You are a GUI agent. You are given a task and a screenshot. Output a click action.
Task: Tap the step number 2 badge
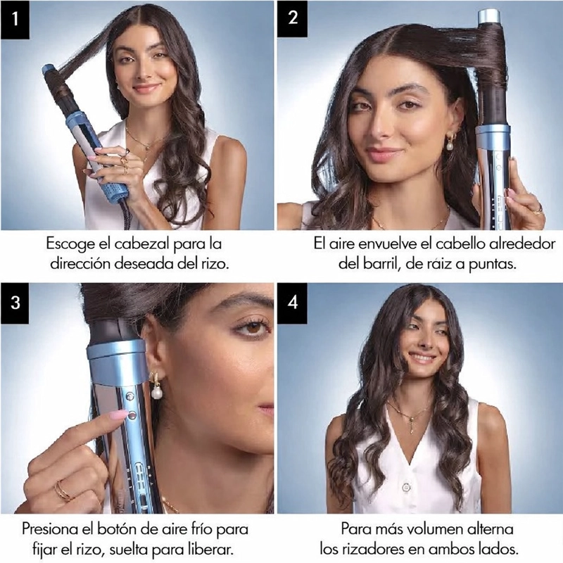click(x=293, y=19)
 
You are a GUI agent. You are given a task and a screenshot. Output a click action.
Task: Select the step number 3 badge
click(x=15, y=303)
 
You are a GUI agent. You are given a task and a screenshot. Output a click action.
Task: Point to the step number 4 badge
click(x=293, y=303)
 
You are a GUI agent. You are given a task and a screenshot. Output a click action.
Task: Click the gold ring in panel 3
click(x=63, y=491)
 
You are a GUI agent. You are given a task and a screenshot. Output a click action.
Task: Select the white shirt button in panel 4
click(x=406, y=488)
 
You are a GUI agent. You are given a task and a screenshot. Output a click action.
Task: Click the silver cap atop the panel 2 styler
click(x=489, y=15)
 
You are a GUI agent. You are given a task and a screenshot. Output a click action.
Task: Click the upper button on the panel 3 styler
click(x=129, y=396)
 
